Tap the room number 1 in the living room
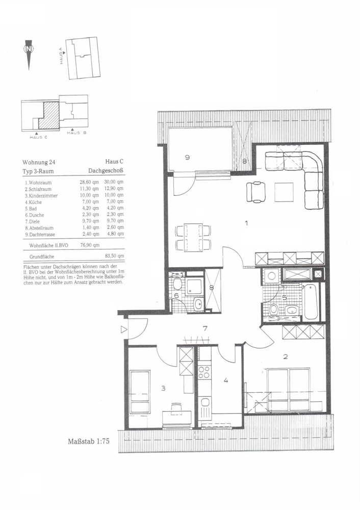click(246, 223)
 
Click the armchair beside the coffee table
click(256, 192)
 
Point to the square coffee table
click(284, 192)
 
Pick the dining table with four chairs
click(193, 237)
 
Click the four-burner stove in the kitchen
click(205, 372)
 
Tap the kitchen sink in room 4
click(205, 406)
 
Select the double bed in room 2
click(288, 389)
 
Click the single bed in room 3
click(140, 392)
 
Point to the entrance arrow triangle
click(123, 329)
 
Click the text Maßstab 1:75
click(88, 441)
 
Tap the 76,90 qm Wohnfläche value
click(90, 245)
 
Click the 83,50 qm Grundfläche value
click(114, 256)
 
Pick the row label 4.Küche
click(34, 202)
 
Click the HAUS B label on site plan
click(76, 133)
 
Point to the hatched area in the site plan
click(49, 114)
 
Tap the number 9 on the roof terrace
click(187, 157)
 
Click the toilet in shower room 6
click(177, 284)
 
